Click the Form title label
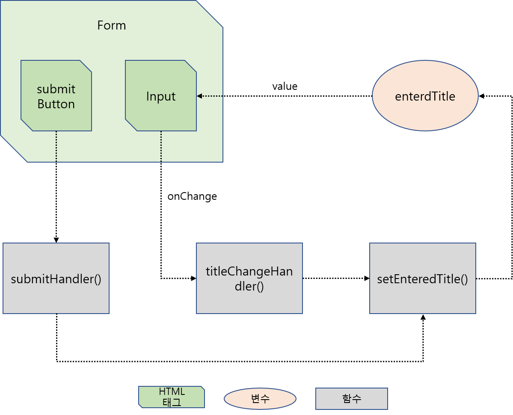tap(111, 25)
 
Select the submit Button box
tap(56, 96)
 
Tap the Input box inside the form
tap(161, 96)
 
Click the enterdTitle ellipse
tap(425, 96)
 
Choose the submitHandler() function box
tap(56, 279)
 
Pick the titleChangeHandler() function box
tap(249, 279)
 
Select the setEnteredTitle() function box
tap(422, 279)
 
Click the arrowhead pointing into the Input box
tap(199, 96)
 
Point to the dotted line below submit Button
tap(56, 146)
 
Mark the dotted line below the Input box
tap(161, 146)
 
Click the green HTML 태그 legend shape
tap(172, 397)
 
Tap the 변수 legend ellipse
tap(260, 399)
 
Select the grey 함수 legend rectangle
tap(351, 399)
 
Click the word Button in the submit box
tap(56, 104)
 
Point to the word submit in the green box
tap(56, 89)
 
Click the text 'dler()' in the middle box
tap(249, 286)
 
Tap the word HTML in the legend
tap(172, 391)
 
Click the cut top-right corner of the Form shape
tap(210, 14)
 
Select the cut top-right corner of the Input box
tap(191, 66)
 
